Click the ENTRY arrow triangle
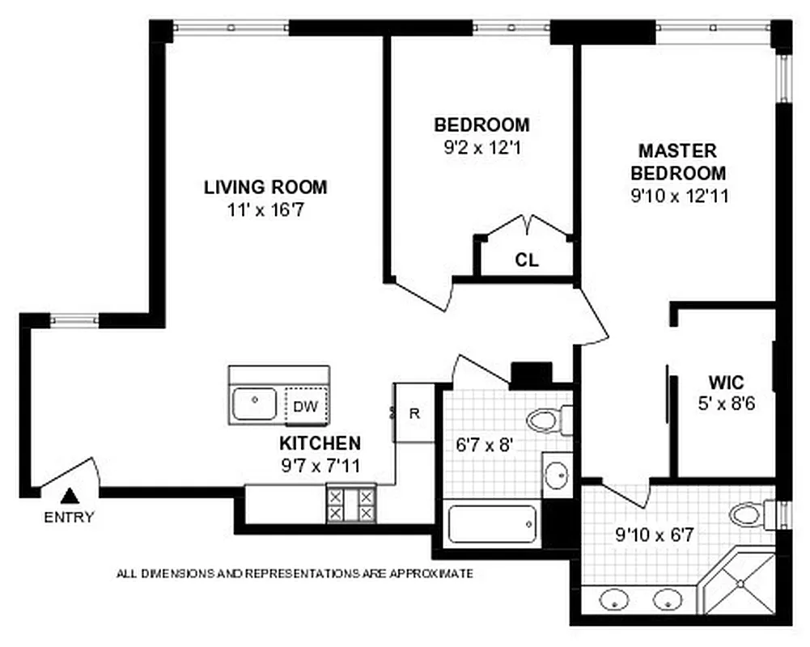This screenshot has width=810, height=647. [x=70, y=496]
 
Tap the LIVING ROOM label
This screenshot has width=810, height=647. [x=265, y=188]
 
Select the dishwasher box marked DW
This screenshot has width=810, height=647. [x=305, y=407]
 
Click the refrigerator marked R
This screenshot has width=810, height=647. [x=414, y=413]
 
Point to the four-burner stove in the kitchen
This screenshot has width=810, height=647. [x=351, y=504]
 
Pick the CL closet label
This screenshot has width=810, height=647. [x=527, y=260]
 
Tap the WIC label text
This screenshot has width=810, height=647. [x=726, y=382]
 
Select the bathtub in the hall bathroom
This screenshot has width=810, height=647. [x=491, y=525]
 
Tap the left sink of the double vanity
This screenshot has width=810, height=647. [x=614, y=601]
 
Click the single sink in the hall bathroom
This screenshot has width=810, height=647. [x=556, y=476]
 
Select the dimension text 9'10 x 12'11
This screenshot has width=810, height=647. [x=678, y=196]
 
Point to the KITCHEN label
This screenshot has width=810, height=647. [x=320, y=443]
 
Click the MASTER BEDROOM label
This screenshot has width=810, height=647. [x=678, y=162]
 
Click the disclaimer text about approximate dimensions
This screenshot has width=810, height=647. [x=295, y=573]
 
